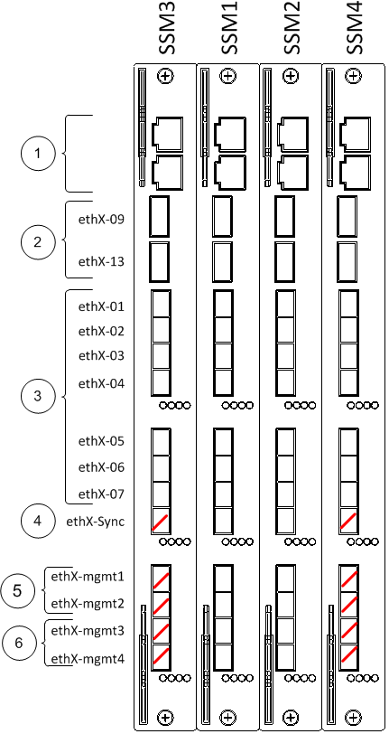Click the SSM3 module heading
(166, 27)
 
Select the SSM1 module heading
(229, 27)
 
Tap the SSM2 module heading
(292, 27)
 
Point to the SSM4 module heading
(356, 27)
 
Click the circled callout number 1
(38, 154)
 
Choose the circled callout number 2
(38, 242)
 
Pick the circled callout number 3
(38, 396)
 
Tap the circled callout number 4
(38, 521)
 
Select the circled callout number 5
(17, 591)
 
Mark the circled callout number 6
(19, 644)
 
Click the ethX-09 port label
(101, 219)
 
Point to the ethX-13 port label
(101, 260)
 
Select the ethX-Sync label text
(96, 522)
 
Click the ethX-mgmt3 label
(88, 631)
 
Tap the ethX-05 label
(101, 441)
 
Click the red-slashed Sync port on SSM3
(161, 521)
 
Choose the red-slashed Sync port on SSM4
(348, 521)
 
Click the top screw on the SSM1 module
(227, 76)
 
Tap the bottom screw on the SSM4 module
(354, 717)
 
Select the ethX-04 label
(101, 384)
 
